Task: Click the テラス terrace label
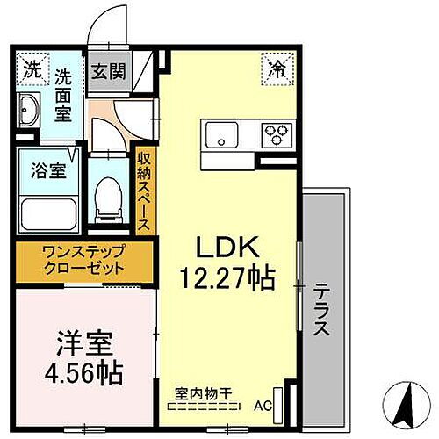pyautogui.click(x=321, y=312)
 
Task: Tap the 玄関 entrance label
pyautogui.click(x=108, y=71)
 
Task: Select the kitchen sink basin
pyautogui.click(x=219, y=134)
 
